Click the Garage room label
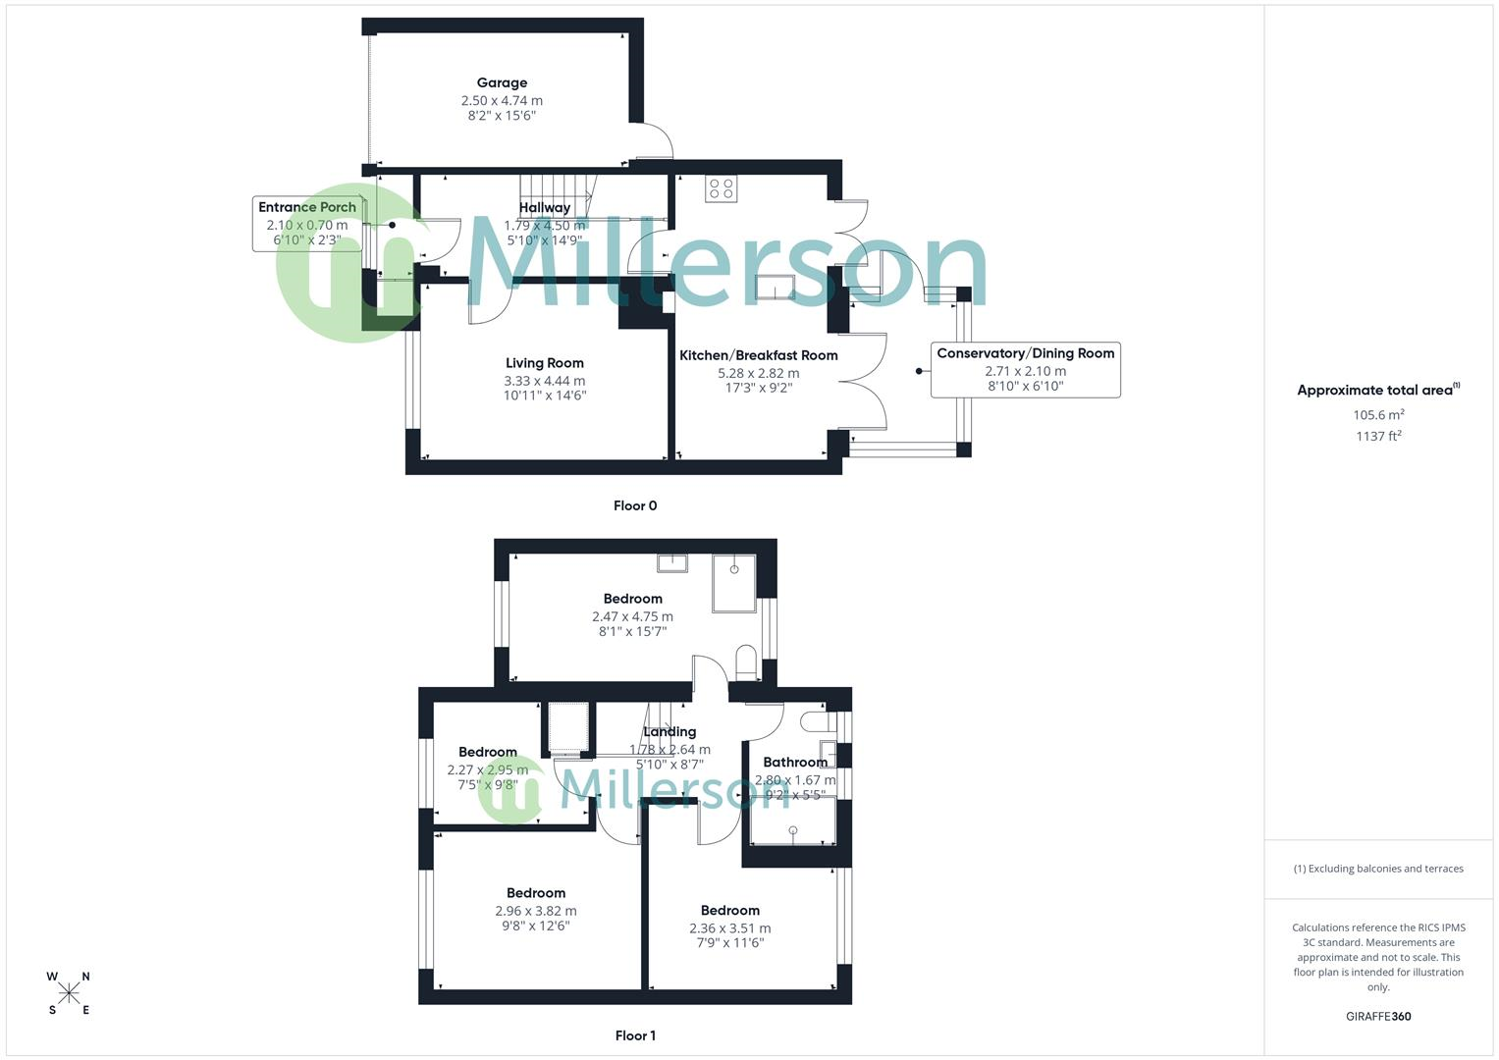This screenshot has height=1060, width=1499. coord(502,83)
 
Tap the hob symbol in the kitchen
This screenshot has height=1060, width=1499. coord(721,188)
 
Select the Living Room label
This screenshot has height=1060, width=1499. coord(544,363)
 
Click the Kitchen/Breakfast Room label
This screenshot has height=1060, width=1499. coord(758,355)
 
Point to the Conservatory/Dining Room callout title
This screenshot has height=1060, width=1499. coord(1025,353)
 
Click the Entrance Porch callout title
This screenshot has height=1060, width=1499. coord(306,207)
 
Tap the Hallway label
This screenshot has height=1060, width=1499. coord(544,208)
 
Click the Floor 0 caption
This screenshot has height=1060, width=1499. coord(634,506)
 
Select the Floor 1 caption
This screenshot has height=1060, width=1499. coord(635,1035)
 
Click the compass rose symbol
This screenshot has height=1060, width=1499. coord(69,993)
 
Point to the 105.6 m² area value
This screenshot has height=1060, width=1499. coord(1378,415)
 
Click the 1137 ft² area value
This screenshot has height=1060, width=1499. coord(1378,437)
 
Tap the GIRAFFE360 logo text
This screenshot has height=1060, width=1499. coord(1378,1017)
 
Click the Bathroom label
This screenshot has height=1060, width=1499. coord(795,763)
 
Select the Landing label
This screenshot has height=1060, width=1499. coord(669,732)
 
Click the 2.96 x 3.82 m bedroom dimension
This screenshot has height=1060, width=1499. coord(536,911)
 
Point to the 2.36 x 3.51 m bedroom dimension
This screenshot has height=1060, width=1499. coord(729,928)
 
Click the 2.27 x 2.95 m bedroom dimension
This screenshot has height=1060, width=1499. coord(487,770)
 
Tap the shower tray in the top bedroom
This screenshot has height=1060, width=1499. coord(734,583)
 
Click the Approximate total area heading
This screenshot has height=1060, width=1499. coord(1376,391)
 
